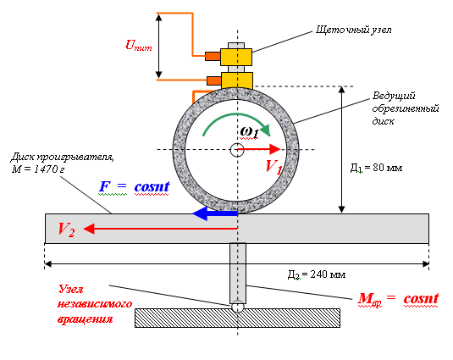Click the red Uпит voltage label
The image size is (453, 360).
click(139, 46)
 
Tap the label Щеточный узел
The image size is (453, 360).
click(354, 30)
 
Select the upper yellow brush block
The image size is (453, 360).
click(236, 58)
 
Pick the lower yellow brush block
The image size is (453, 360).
click(237, 80)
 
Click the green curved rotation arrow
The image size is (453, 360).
click(236, 119)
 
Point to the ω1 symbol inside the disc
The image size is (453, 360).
click(249, 132)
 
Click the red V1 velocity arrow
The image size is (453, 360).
click(258, 149)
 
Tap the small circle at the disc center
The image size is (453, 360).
click(237, 150)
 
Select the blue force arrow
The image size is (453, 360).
click(215, 213)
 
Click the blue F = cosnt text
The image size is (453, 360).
click(135, 186)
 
